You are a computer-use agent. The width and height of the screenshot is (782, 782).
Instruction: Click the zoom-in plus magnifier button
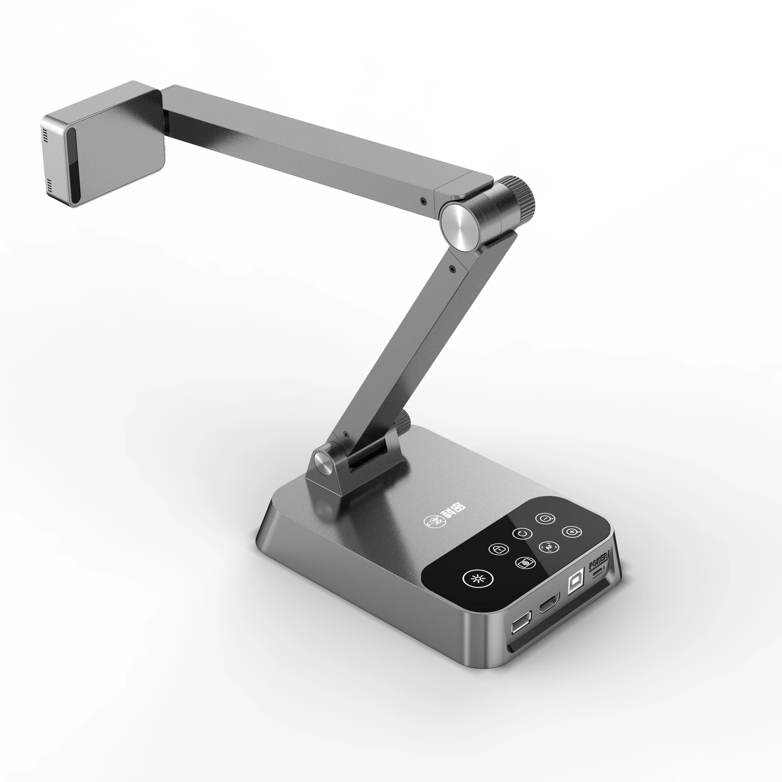pos(572,532)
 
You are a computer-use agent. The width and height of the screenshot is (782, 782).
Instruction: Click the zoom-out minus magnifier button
pos(546,518)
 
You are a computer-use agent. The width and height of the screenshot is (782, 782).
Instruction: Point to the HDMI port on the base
pos(549,605)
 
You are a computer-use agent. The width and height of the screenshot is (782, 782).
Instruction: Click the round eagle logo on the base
pos(432,520)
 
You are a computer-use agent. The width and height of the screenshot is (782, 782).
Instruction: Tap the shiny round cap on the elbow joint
pos(460,227)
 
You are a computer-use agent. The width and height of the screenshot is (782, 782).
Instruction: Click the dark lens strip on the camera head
pos(73,166)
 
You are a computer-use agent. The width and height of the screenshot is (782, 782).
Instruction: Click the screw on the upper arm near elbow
pos(423,201)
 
